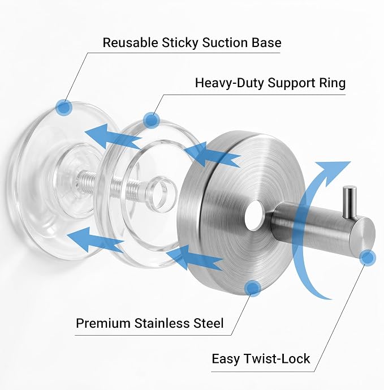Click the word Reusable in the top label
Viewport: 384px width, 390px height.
click(130, 42)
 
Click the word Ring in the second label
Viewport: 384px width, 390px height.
click(332, 83)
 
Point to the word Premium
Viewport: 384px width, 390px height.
click(103, 323)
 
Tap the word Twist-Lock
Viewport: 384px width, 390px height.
click(277, 359)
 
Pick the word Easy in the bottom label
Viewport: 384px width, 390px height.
click(226, 359)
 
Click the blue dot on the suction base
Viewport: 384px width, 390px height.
click(64, 108)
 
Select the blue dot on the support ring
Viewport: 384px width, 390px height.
click(152, 121)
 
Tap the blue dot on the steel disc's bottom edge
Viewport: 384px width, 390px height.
click(253, 288)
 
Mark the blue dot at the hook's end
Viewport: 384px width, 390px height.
click(368, 258)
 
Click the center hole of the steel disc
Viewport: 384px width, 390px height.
click(253, 216)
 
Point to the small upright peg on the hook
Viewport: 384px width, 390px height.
click(349, 202)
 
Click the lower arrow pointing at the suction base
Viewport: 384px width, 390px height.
click(96, 239)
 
